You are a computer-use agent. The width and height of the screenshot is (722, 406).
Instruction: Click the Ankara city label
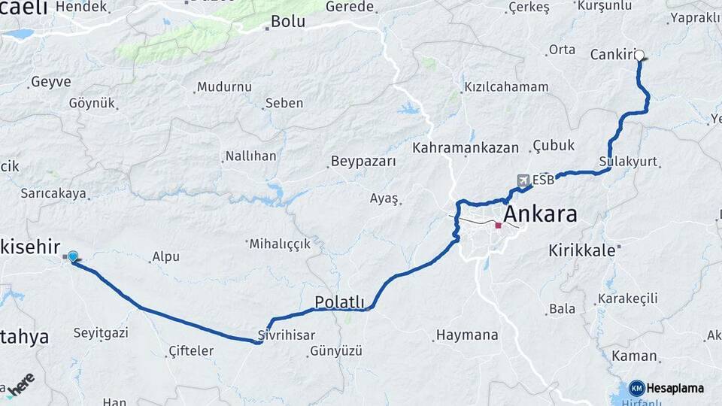tap(540, 214)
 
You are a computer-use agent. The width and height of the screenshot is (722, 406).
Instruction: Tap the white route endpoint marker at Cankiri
tap(639, 55)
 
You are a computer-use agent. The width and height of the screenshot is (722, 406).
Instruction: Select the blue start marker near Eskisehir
tap(73, 257)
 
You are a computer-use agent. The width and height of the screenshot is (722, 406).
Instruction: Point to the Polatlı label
tap(339, 302)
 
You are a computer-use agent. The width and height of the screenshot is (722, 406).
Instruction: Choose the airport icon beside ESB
tap(523, 180)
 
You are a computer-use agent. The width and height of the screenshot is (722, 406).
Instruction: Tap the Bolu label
tap(287, 22)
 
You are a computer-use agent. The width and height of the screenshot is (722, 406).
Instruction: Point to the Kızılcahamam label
tap(506, 87)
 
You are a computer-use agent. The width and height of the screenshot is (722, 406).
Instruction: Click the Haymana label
tap(467, 335)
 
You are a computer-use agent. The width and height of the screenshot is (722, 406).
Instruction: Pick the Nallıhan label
tap(250, 156)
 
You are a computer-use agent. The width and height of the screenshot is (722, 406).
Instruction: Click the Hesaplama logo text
tap(675, 388)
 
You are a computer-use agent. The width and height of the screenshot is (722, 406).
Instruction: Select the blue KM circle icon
tap(636, 388)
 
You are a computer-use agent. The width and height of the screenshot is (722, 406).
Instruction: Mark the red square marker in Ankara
tap(498, 225)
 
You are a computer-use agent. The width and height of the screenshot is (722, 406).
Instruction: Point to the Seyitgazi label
tap(102, 332)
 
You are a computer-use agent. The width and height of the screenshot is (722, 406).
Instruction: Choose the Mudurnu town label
tap(224, 86)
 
